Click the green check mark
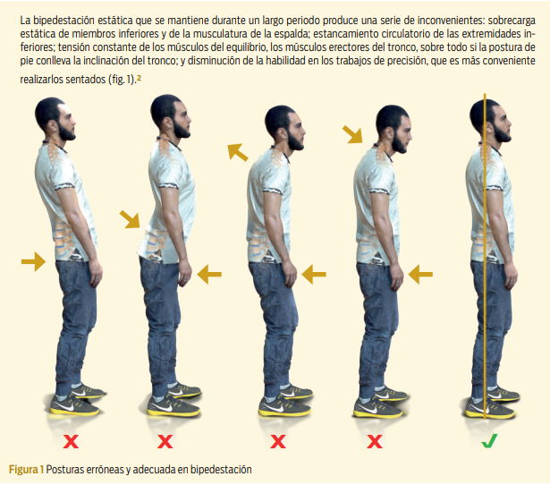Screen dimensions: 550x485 [x=489, y=441]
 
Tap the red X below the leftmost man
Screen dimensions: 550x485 [x=71, y=441]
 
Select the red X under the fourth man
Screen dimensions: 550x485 [x=374, y=441]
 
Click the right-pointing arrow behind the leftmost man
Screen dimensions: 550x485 [x=33, y=261]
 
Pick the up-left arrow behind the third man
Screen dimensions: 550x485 [x=238, y=152]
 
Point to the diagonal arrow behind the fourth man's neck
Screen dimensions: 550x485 [x=352, y=135]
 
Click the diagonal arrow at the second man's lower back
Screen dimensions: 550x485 [x=130, y=219]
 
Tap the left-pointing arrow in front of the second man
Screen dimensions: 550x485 [x=209, y=274]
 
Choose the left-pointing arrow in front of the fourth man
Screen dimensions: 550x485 [x=420, y=274]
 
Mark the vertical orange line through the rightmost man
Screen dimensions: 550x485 [x=485, y=256]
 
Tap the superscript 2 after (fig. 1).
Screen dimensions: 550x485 [x=139, y=78]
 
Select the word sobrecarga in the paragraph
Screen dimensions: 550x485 [x=512, y=21]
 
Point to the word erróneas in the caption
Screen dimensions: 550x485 [x=100, y=470]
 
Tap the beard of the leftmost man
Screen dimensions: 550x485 [x=67, y=132]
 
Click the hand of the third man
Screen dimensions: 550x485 [x=291, y=275]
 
